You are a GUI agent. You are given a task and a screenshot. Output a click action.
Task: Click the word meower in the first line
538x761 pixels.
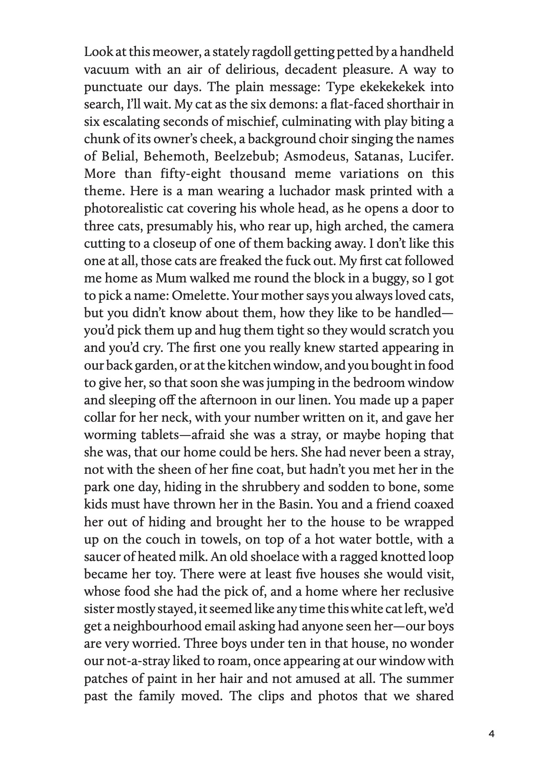click(166, 52)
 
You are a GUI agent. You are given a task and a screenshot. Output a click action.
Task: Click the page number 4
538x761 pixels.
click(492, 734)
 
